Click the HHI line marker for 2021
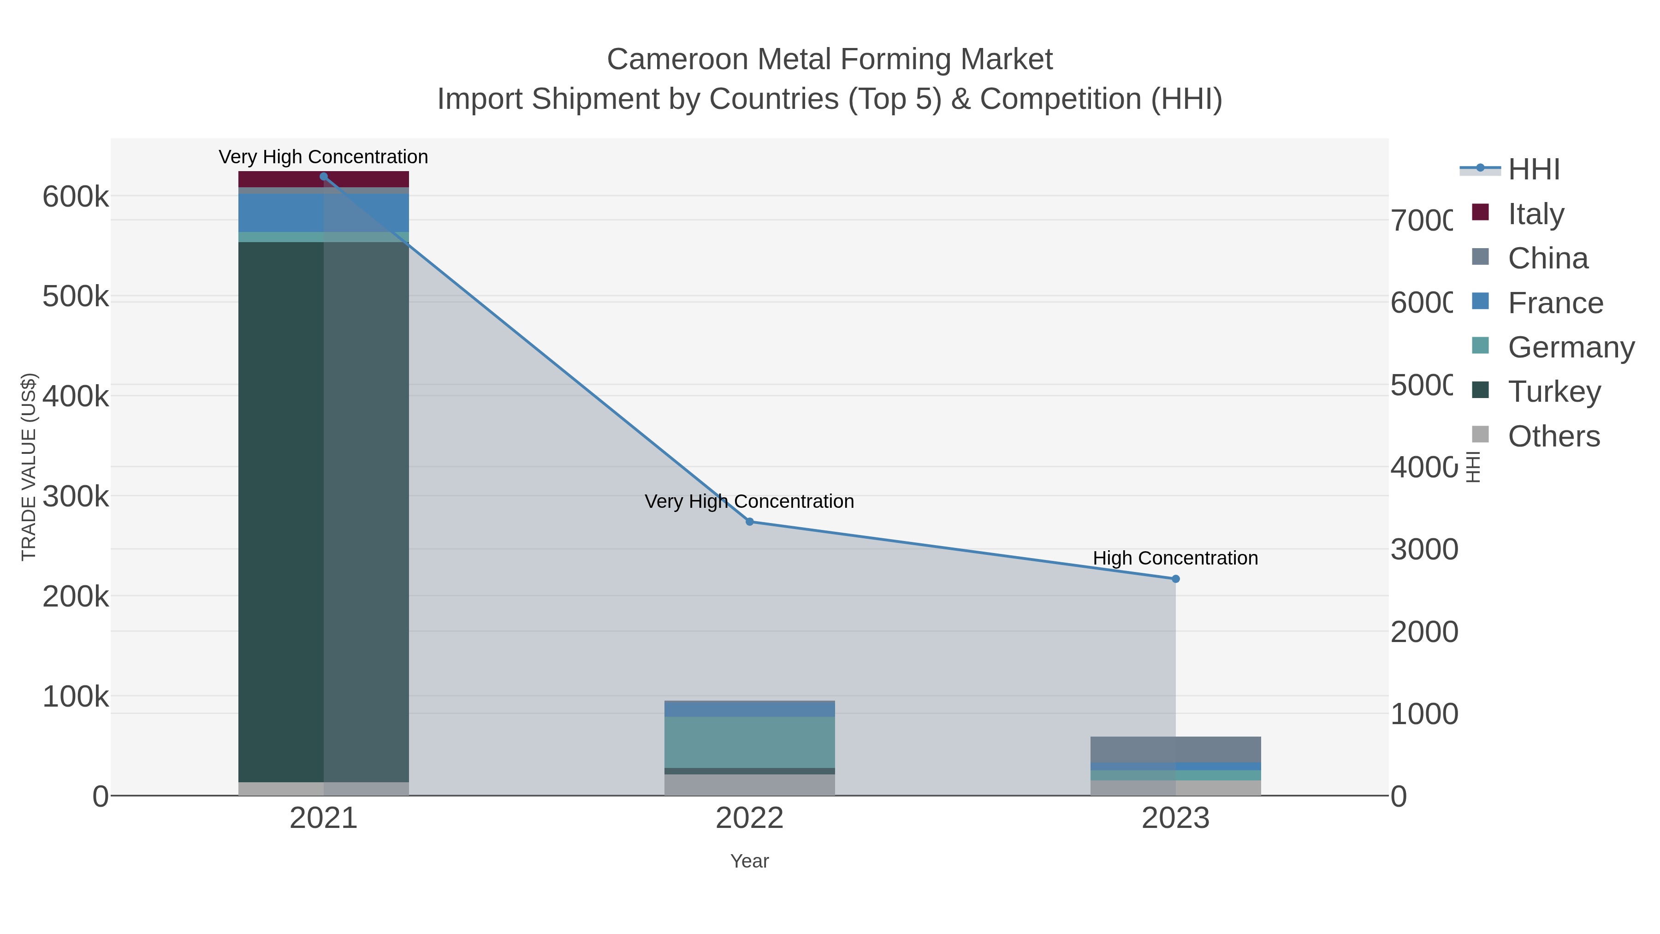click(324, 177)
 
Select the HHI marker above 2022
click(749, 522)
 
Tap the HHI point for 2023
click(1175, 579)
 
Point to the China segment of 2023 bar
click(1175, 749)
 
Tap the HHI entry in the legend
click(1533, 169)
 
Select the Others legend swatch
click(1481, 434)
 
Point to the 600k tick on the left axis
click(76, 196)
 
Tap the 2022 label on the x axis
click(749, 818)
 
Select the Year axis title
click(749, 861)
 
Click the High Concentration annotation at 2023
click(1175, 558)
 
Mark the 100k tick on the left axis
click(76, 697)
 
